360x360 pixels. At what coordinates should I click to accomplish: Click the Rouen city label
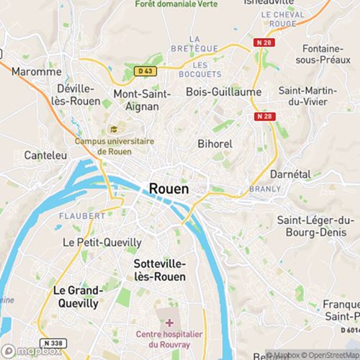coord(169,188)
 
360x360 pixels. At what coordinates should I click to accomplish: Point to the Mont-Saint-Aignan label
coord(143,99)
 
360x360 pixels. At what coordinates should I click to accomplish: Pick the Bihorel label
coord(215,143)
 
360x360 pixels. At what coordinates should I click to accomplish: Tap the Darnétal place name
coord(289,174)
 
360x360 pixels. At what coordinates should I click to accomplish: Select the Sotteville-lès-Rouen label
coord(160,270)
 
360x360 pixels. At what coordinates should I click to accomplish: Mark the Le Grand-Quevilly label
coord(76,297)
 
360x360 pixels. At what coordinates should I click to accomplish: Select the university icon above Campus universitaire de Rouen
coord(114,129)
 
